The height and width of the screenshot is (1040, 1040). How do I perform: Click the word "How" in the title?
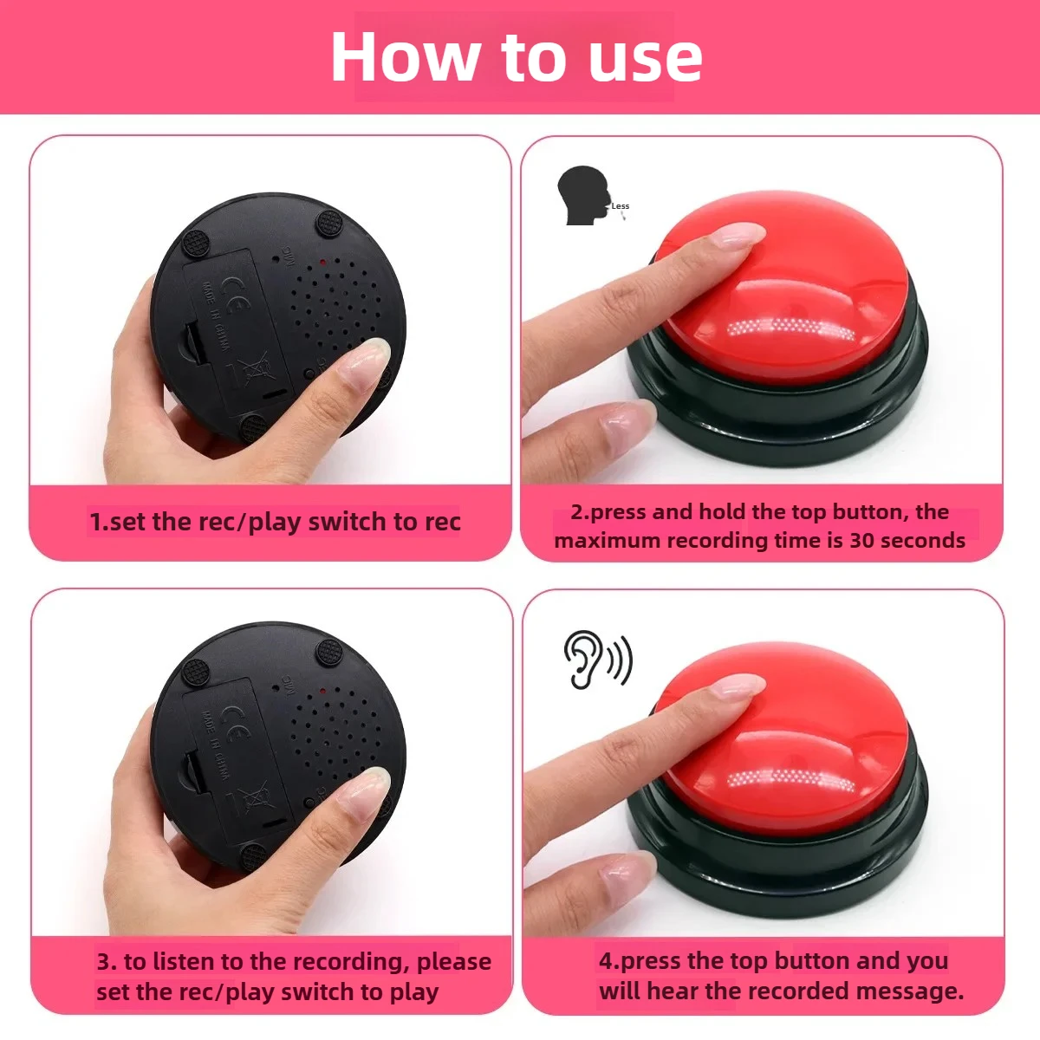tap(404, 57)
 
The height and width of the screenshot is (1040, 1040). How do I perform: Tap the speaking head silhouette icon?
tap(583, 196)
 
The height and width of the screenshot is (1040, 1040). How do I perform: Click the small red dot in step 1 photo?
tap(322, 260)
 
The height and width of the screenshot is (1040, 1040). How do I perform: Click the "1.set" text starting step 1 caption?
tap(118, 523)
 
